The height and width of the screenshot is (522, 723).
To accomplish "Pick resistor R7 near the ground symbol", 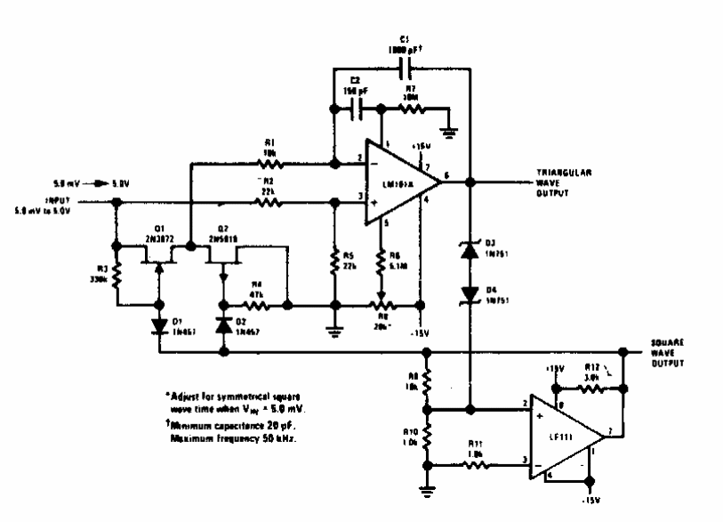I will pyautogui.click(x=413, y=109).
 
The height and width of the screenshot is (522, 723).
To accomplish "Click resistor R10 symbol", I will pyautogui.click(x=427, y=437).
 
